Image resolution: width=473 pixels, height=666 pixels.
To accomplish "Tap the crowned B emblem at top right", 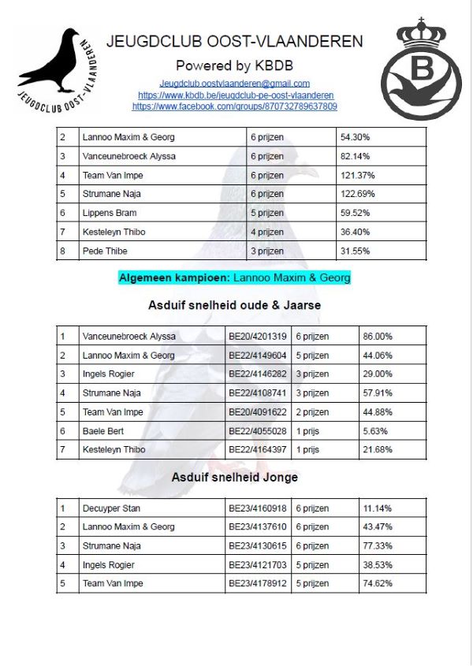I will (421, 71).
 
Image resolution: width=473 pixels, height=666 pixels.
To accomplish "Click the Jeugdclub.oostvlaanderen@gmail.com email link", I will (234, 83).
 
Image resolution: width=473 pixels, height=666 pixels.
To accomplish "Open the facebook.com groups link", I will (234, 106).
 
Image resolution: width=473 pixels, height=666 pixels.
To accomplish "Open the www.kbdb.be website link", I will (235, 95).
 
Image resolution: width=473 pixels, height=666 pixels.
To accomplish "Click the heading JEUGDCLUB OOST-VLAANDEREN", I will (234, 42).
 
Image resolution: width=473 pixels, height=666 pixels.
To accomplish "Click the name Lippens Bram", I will (110, 213).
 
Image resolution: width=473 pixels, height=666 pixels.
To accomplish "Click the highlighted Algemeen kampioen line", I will (234, 278).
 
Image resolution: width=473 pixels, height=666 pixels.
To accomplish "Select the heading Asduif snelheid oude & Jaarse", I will (234, 305).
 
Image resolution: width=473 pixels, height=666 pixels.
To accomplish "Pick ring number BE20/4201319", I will (259, 337).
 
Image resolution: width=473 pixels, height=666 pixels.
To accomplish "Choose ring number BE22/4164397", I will (259, 450).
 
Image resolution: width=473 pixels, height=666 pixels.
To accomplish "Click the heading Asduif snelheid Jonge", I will (234, 477).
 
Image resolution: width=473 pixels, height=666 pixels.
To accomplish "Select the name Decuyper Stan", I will (111, 508).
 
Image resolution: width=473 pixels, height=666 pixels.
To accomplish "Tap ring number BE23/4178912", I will (259, 584).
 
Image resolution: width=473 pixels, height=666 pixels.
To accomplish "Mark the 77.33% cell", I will (377, 546).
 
